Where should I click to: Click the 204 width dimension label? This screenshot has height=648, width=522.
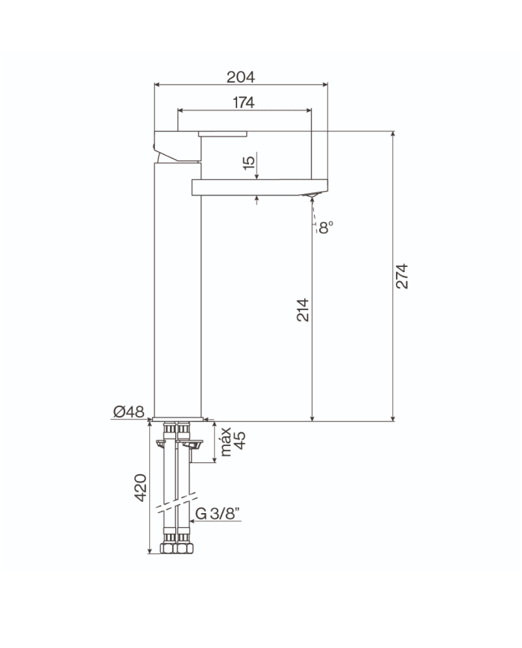pos(241,77)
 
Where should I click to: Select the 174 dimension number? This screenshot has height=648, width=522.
pos(243,102)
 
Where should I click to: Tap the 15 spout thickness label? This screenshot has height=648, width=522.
pos(249,163)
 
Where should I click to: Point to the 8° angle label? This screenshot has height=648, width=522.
pos(325,227)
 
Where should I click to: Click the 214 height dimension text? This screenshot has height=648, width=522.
pos(303,309)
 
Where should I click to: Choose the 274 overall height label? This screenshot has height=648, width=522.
pos(402,276)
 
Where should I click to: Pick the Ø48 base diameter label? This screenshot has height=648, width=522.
pos(129,412)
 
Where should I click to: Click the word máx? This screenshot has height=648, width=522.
pos(226,441)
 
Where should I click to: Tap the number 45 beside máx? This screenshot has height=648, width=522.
pos(239,440)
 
